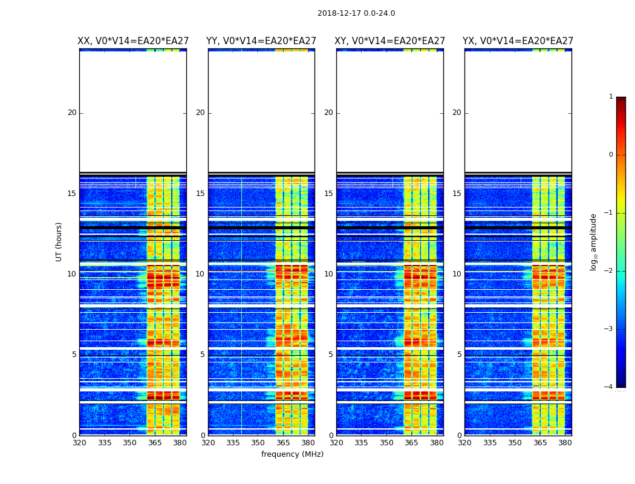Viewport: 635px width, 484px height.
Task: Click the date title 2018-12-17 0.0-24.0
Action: (x=356, y=13)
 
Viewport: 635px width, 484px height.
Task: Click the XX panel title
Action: (x=133, y=41)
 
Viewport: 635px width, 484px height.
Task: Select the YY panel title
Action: (x=261, y=41)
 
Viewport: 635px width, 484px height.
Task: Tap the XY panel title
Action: (x=390, y=41)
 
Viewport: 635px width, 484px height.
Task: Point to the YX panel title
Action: (x=518, y=41)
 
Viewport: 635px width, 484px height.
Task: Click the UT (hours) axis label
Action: (x=59, y=241)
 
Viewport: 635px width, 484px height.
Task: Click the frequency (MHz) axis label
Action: (x=292, y=454)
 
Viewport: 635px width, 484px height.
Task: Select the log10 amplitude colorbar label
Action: (x=594, y=241)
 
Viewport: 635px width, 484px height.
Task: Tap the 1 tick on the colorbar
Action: (x=611, y=97)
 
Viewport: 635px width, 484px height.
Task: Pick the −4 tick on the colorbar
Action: (x=609, y=387)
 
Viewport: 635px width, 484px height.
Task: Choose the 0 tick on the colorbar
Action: (x=611, y=155)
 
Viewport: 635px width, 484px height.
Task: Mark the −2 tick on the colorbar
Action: (x=609, y=271)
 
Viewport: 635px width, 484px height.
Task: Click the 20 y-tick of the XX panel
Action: (x=72, y=113)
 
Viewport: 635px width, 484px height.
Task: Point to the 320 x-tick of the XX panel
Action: (x=79, y=443)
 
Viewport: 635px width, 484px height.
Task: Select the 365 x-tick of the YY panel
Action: (x=284, y=443)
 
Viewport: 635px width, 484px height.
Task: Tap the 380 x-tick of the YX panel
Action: (x=565, y=443)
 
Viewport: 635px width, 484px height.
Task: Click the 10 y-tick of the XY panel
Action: (x=328, y=274)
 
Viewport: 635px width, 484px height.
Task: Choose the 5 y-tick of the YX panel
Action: (x=459, y=355)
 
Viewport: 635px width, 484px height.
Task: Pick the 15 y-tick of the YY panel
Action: (x=200, y=194)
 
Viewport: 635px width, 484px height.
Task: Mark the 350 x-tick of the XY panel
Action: (x=386, y=443)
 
